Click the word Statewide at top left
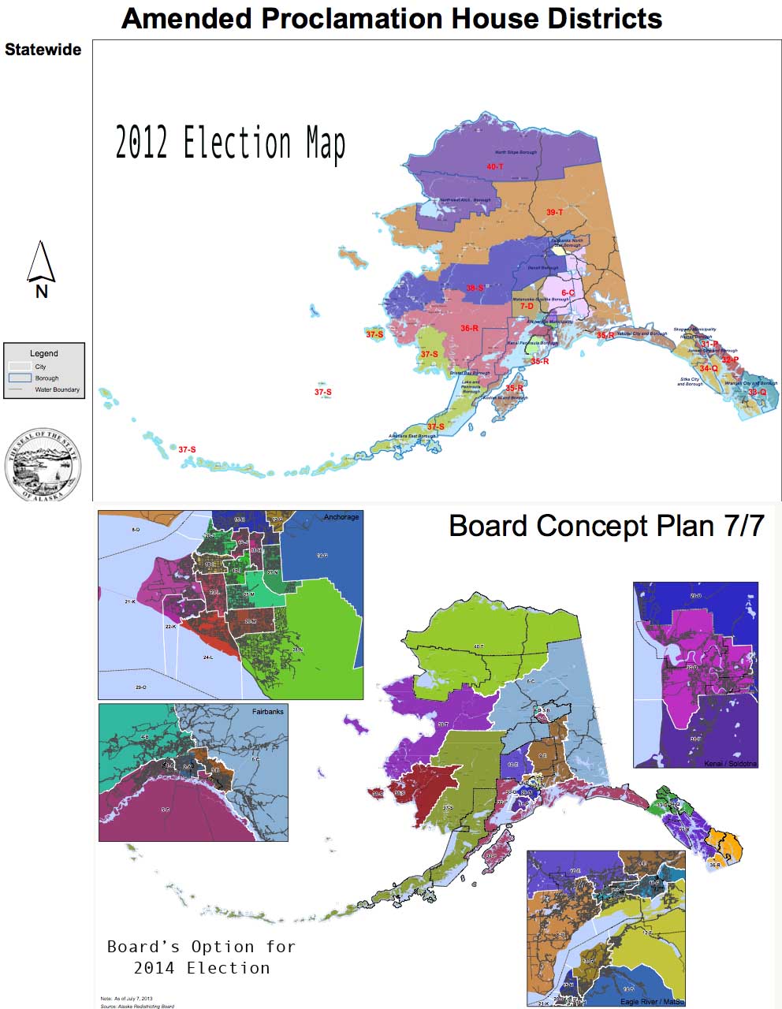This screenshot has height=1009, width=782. [x=43, y=50]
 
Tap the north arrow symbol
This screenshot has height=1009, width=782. [x=41, y=265]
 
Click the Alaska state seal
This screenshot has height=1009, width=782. [x=43, y=465]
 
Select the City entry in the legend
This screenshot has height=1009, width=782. [x=40, y=367]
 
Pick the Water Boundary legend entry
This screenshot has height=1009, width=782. [x=57, y=389]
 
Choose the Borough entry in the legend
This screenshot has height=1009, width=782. [x=47, y=378]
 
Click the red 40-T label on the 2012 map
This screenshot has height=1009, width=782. [x=495, y=166]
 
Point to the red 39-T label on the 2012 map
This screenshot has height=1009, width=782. [x=554, y=212]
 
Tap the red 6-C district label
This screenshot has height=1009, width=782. [x=568, y=293]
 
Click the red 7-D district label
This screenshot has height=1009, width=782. [x=527, y=306]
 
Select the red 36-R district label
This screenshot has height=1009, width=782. [x=470, y=328]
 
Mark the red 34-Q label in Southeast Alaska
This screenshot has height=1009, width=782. [x=709, y=368]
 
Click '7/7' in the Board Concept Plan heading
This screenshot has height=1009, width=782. [x=741, y=526]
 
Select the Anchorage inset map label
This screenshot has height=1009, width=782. [x=341, y=517]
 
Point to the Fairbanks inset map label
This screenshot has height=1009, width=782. [x=267, y=711]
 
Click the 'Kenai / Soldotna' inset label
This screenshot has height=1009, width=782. [x=730, y=764]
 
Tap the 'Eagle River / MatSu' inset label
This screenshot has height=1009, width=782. [x=651, y=1001]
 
